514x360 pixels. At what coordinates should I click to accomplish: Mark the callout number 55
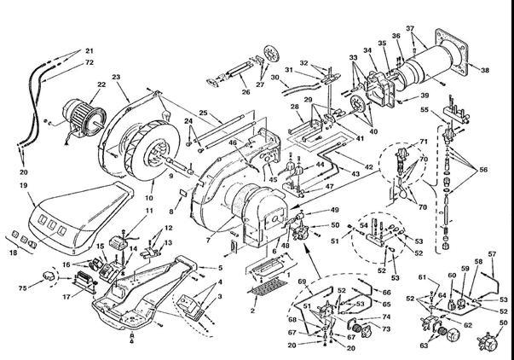click(x=424, y=111)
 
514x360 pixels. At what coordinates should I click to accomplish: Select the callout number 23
click(x=115, y=77)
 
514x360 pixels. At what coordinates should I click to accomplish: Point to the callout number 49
click(x=335, y=210)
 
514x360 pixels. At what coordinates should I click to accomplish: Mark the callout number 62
click(x=466, y=325)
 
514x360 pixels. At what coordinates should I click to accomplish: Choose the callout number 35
click(x=382, y=42)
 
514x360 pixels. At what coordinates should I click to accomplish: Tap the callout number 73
click(x=386, y=328)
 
